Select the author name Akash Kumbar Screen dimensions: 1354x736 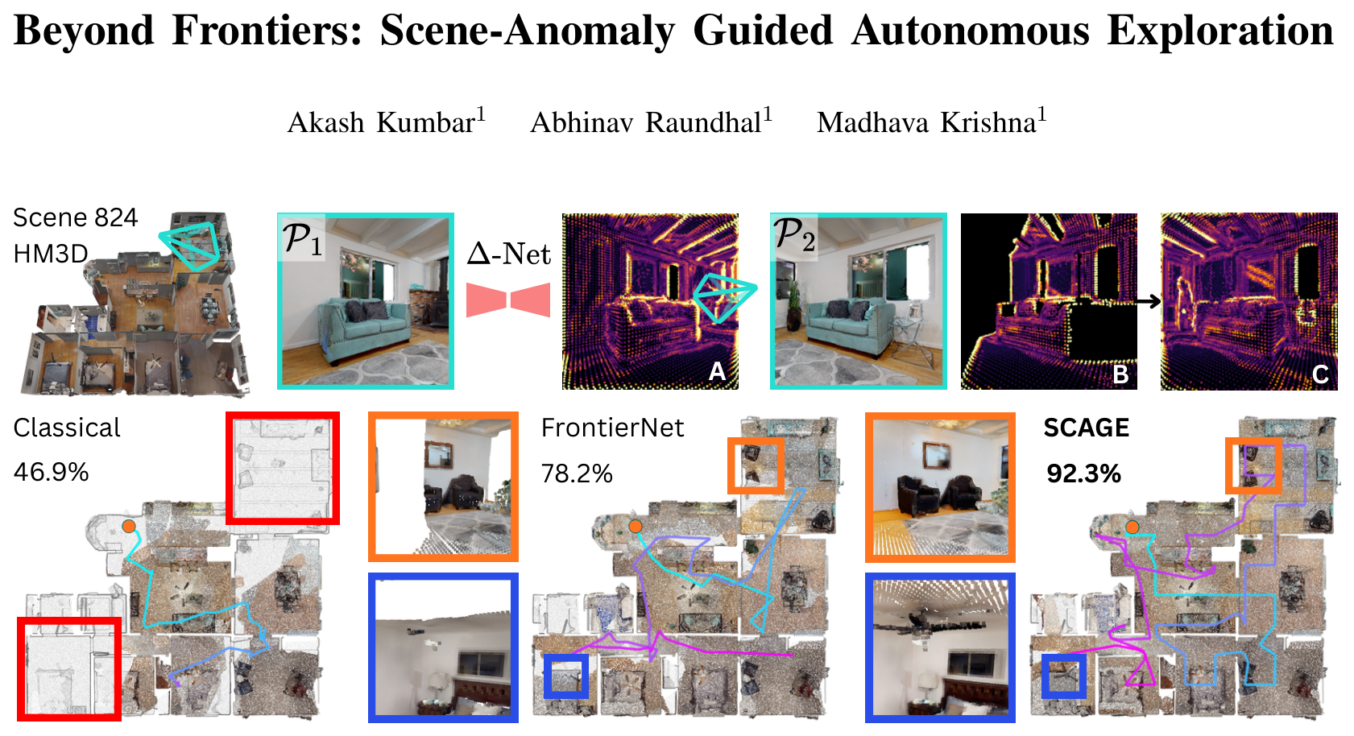[387, 122]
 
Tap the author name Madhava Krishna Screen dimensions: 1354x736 [931, 122]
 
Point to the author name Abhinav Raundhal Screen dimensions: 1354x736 [651, 122]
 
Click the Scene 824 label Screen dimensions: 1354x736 [75, 217]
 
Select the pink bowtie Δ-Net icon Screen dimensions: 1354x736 [508, 300]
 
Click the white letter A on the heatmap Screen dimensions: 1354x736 [717, 370]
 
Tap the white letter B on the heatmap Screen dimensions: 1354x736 [1120, 374]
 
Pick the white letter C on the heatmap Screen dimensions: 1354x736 [1320, 374]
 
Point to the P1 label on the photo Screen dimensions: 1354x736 [303, 238]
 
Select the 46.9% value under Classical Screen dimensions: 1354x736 [51, 472]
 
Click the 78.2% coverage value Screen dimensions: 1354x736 [577, 473]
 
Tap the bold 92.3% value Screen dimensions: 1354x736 [1084, 473]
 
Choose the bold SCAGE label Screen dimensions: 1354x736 [1087, 428]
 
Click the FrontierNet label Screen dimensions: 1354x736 [612, 428]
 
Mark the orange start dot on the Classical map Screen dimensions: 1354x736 [129, 527]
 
